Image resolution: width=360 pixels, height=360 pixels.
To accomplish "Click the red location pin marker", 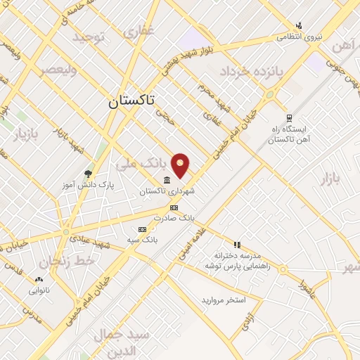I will pyautogui.click(x=181, y=165).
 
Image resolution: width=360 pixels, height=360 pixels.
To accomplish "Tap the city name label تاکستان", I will pyautogui.click(x=133, y=101).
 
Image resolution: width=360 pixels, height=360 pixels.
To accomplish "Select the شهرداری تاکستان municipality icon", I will pyautogui.click(x=166, y=180).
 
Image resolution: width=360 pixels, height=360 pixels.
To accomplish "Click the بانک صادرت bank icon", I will pyautogui.click(x=174, y=207).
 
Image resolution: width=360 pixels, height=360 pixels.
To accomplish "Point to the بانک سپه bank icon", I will pyautogui.click(x=143, y=229).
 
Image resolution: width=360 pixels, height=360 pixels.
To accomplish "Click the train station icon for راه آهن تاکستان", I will pyautogui.click(x=288, y=118).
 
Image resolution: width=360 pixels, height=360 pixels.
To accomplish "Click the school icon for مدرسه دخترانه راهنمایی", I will pyautogui.click(x=238, y=245).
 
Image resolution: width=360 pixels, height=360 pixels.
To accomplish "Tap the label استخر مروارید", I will pyautogui.click(x=224, y=300).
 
